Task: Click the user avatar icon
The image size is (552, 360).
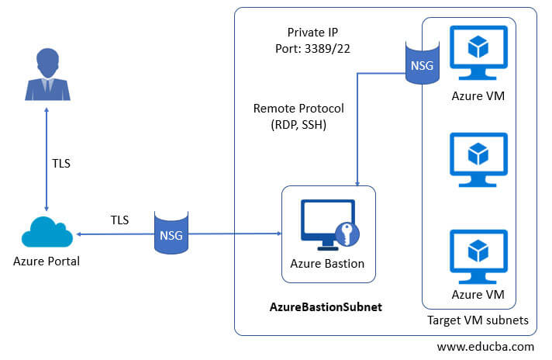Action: point(47,74)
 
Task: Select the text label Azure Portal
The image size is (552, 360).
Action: point(47,261)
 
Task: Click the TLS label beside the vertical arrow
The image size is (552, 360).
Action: point(62,164)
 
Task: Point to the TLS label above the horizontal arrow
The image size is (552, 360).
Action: point(119,220)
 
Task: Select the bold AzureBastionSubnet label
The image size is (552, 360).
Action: point(326,307)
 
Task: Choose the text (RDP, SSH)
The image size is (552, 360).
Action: point(298,124)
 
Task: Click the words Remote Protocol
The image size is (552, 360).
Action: point(298,109)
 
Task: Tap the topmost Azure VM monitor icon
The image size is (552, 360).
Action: point(478,52)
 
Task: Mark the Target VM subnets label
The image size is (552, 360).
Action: point(478,320)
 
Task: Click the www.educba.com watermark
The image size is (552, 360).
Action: point(485,346)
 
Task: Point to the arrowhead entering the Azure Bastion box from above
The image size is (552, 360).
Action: point(356,182)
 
